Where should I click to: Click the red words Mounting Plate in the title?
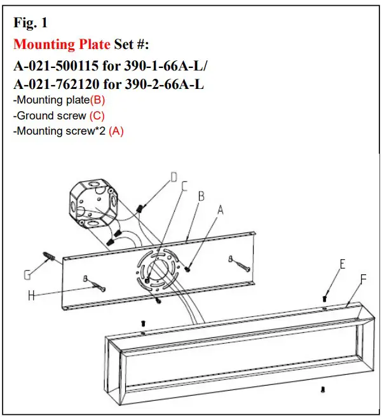(62, 44)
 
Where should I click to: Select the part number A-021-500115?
(60, 65)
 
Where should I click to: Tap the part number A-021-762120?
(60, 83)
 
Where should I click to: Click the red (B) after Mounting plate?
(98, 100)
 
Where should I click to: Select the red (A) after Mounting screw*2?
(116, 131)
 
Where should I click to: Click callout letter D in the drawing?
(174, 179)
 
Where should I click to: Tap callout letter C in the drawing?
(184, 186)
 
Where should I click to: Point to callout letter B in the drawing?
(201, 196)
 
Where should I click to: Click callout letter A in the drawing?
(221, 210)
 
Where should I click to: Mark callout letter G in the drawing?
(27, 275)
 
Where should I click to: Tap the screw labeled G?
(50, 258)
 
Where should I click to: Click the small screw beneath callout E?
(325, 297)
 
